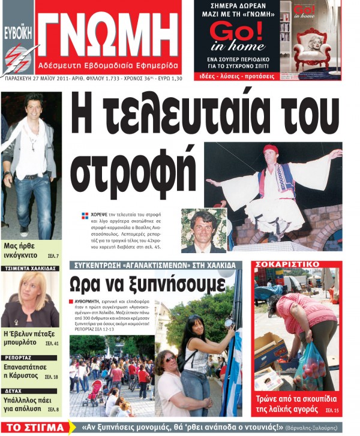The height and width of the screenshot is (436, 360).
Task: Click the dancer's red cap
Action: pos(271,149)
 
